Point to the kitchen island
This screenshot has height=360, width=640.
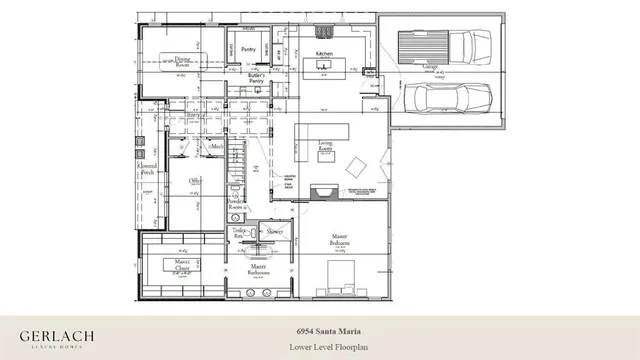coord(324,66)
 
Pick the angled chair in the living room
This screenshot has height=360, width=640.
coord(355,164)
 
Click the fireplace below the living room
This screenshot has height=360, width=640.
coord(324,193)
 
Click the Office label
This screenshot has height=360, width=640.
coord(197,181)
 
